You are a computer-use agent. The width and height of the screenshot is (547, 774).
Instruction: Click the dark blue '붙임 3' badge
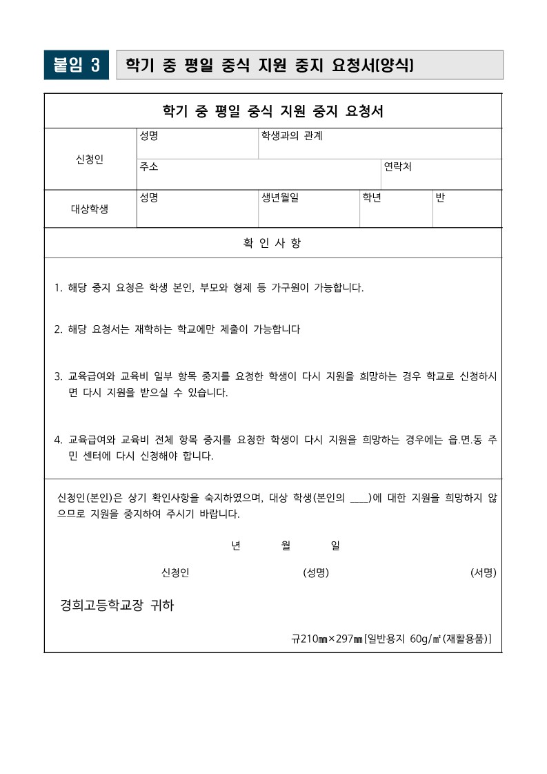76,65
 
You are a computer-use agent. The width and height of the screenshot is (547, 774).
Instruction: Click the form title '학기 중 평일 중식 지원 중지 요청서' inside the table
272,111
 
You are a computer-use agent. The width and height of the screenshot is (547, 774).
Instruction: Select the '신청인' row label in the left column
90,159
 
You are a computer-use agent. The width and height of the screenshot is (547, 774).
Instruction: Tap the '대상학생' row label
90,209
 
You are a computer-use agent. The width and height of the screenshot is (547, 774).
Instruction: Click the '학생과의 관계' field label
291,136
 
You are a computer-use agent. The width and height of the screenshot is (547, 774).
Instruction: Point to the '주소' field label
148,167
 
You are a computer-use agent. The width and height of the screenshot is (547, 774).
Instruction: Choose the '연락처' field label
398,167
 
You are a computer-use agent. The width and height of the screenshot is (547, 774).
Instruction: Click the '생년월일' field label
280,198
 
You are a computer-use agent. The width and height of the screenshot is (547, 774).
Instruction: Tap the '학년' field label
372,198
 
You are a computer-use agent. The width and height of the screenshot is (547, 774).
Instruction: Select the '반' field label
440,198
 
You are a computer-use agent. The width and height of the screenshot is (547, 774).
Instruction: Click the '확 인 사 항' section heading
272,243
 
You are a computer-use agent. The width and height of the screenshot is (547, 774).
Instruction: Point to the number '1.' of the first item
59,288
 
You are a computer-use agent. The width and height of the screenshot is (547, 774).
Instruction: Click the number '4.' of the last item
59,440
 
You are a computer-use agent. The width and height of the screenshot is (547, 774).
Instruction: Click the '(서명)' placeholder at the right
483,573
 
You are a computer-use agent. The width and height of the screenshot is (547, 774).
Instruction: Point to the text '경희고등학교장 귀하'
117,606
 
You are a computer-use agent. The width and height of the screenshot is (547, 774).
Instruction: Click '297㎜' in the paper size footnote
348,639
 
